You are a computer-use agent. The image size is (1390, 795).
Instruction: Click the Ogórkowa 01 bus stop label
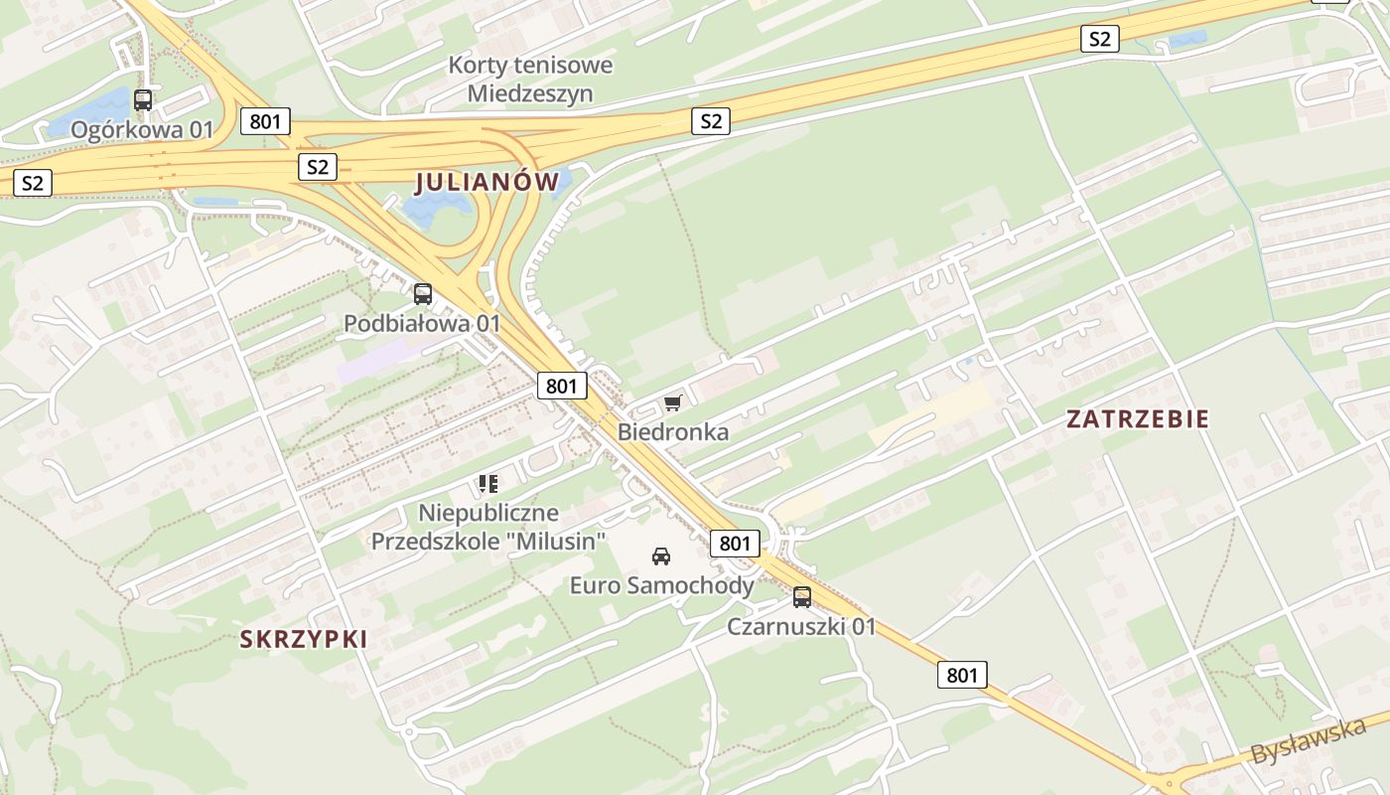[x=143, y=129]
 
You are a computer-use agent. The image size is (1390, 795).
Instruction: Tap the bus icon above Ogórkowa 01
[x=143, y=99]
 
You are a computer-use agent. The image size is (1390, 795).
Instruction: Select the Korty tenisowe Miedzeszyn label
[x=530, y=79]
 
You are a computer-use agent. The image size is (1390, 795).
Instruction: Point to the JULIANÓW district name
[x=487, y=182]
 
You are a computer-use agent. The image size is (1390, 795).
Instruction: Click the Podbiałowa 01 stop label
[x=422, y=323]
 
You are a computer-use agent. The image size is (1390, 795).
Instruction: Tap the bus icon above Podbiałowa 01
[x=423, y=293]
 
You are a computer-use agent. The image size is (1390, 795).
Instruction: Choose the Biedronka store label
[x=673, y=431]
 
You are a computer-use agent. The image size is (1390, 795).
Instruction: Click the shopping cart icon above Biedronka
[x=673, y=402]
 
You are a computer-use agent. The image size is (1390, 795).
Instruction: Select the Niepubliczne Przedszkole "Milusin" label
[x=488, y=528]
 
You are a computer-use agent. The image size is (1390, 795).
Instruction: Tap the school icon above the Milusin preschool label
[x=487, y=484]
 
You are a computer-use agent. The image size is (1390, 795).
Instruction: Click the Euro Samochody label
[x=661, y=585]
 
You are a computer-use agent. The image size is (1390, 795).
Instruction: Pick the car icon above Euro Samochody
[x=661, y=556]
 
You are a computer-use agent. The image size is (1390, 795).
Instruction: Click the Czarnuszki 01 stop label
[x=801, y=626]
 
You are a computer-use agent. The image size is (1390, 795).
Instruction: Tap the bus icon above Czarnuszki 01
[x=802, y=597]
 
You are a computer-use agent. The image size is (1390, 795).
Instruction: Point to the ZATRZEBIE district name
[x=1138, y=419]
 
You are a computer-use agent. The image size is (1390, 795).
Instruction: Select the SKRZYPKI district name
[x=304, y=639]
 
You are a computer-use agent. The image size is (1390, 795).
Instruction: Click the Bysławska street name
[x=1308, y=741]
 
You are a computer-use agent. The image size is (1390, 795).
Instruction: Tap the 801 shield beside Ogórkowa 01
[x=265, y=122]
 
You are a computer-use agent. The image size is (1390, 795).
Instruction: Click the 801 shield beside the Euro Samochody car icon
[x=735, y=543]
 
